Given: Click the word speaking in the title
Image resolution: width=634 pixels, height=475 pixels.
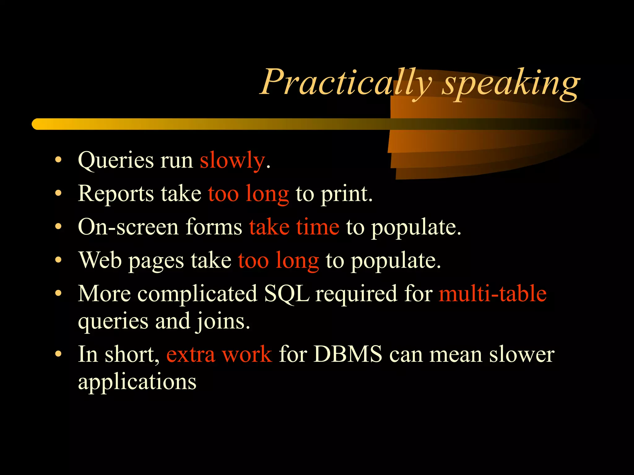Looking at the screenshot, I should coord(511,83).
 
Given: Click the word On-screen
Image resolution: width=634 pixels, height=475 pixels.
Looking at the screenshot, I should coord(128,227).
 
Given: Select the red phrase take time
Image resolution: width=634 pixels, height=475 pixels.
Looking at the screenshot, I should coord(294,227).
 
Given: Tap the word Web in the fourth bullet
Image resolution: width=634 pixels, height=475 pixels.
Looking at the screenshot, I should coord(100,260).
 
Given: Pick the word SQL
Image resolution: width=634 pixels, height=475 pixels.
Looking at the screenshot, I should coord(287,294).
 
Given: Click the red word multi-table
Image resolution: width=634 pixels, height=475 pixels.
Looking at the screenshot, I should coord(493,294).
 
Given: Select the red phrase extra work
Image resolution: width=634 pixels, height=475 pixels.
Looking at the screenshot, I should coord(219,354).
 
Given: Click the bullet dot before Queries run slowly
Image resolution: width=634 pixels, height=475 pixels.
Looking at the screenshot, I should coord(58,160).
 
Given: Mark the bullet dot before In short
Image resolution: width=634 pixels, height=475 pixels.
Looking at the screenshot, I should coord(58,354).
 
